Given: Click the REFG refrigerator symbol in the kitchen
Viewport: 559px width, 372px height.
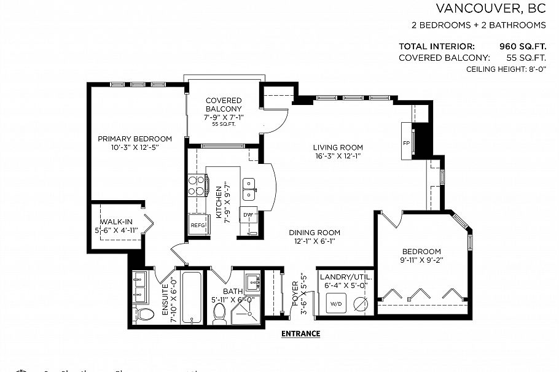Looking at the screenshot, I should point(197,225).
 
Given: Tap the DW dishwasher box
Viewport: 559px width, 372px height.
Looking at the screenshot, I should point(248,215).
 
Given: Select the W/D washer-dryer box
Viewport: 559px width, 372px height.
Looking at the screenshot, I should point(337,304).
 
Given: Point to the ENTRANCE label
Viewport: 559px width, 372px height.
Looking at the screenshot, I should point(300,334).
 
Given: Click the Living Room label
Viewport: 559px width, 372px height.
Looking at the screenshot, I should point(337,147).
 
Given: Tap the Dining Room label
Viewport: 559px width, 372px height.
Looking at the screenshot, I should point(315,233).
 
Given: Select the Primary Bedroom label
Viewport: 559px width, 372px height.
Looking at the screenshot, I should point(135,139).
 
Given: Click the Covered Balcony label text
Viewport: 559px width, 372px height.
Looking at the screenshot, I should point(224,104).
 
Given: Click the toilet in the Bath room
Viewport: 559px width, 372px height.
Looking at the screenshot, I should point(219,314).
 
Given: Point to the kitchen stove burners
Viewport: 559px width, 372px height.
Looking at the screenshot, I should point(196,185).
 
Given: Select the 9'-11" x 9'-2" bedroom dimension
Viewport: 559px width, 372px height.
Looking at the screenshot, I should point(421,262).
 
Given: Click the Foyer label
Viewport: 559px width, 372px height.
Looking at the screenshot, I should point(295,294).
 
